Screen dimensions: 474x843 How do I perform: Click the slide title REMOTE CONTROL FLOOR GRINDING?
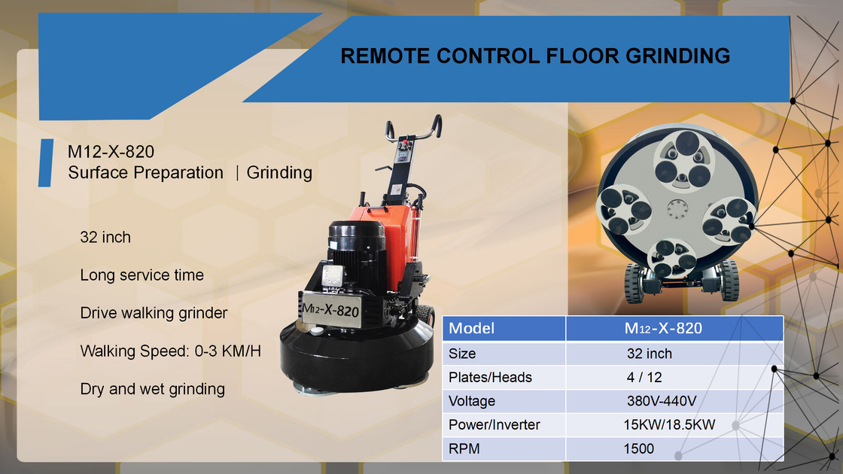point(535,56)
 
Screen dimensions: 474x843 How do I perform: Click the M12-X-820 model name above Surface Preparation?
point(111,153)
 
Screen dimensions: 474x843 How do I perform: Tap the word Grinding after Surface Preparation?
point(279,172)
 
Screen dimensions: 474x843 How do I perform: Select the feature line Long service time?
point(142,275)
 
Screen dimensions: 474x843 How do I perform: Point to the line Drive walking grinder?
point(154,312)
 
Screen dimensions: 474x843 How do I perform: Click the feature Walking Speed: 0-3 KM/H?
point(170,351)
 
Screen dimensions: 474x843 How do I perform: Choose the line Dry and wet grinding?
point(152,388)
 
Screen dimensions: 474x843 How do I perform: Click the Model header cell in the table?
point(472,329)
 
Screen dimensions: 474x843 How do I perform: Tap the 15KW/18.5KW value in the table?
point(668,424)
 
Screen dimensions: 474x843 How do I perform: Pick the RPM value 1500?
point(638,448)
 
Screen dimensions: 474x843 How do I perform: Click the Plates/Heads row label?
point(490,376)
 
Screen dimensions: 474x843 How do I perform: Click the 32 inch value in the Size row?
point(649,353)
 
